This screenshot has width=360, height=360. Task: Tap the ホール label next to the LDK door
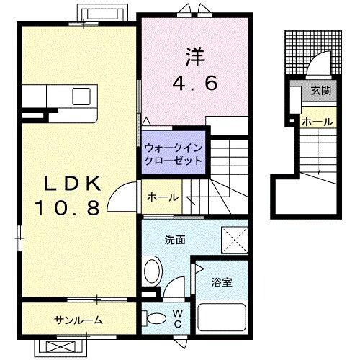162,197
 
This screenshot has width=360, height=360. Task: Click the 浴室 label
221,282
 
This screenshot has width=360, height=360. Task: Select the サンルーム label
77,320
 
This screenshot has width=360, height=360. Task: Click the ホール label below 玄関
318,122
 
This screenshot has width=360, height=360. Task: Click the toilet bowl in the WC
153,318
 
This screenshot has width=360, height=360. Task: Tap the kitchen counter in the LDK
59,96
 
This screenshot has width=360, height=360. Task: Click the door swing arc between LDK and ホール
127,194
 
